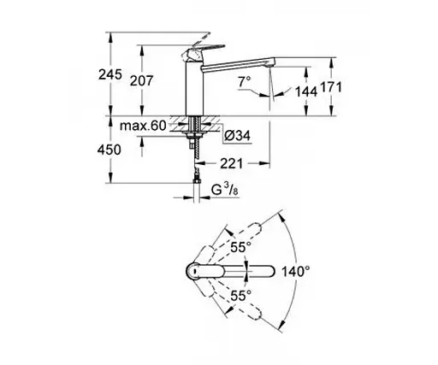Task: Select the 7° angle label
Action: tap(245, 81)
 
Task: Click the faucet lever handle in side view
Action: tap(203, 44)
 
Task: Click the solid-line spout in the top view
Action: tap(231, 272)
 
